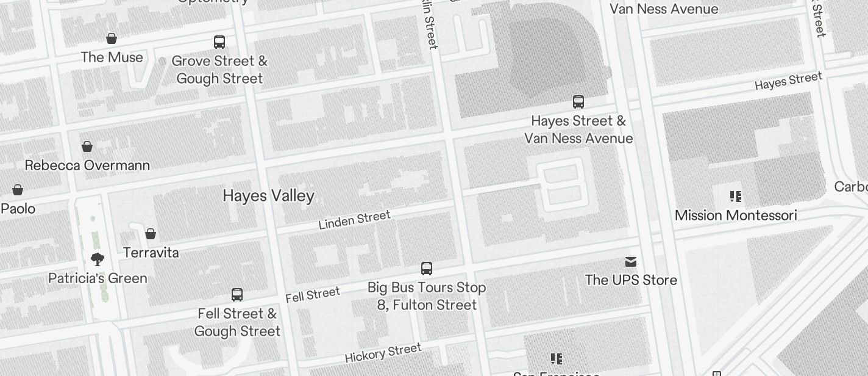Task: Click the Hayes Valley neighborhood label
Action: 268,196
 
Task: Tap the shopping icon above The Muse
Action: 112,39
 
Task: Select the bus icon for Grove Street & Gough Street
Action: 219,42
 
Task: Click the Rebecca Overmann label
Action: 87,165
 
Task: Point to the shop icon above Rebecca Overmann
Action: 87,146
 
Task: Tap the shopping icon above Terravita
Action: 151,234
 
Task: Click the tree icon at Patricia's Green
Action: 97,259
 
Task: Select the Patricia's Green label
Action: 98,278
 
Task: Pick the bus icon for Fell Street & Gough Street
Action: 237,295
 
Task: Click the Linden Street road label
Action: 354,220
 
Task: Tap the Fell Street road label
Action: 312,295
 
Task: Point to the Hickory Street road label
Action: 383,353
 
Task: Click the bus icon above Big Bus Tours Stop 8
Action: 427,269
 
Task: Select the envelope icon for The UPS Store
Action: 631,262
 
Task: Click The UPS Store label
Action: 631,280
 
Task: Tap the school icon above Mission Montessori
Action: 736,197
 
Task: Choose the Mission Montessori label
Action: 736,215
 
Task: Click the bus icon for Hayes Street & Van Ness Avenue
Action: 578,102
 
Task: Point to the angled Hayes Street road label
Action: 788,81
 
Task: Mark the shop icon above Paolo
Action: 18,190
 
